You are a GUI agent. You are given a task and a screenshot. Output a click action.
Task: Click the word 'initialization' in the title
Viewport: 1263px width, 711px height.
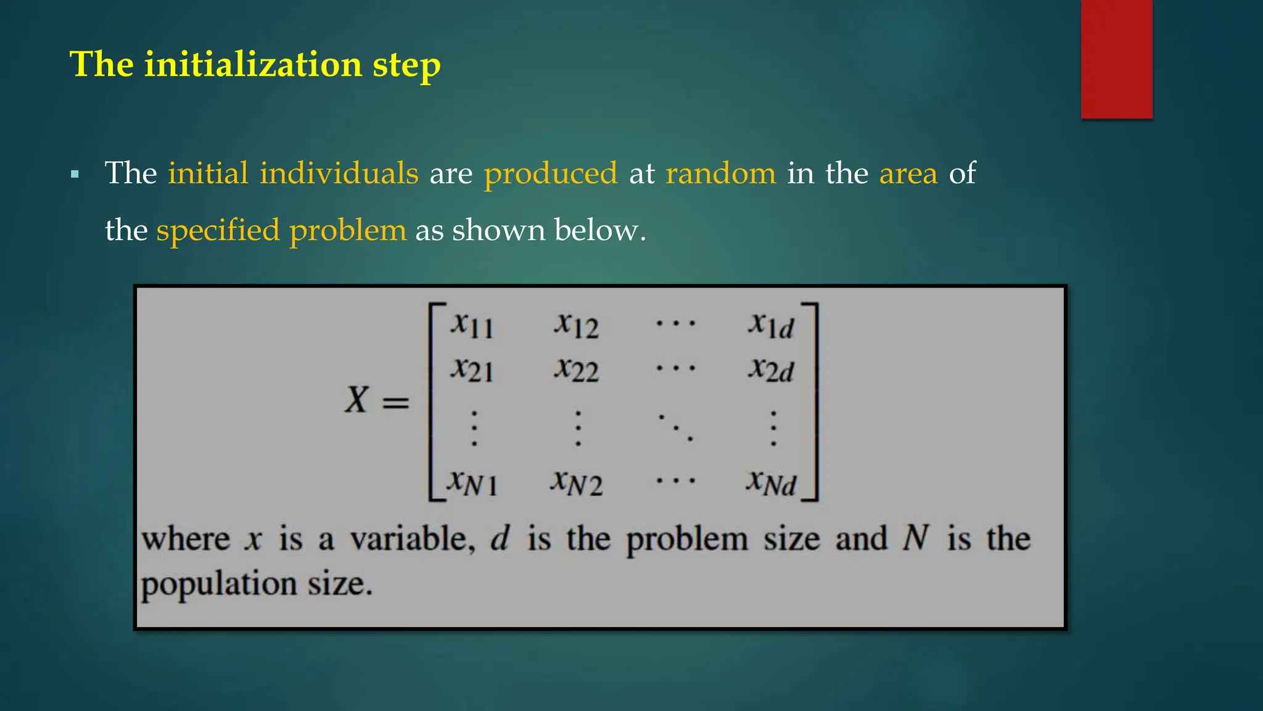253,64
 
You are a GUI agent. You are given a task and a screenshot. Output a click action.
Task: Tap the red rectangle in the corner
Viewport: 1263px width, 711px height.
1116,59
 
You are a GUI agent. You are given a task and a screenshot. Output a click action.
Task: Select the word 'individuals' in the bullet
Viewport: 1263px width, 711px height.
339,173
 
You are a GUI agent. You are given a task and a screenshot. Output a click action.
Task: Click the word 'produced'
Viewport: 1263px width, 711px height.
550,173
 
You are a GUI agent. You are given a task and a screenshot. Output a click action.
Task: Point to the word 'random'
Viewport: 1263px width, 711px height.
720,173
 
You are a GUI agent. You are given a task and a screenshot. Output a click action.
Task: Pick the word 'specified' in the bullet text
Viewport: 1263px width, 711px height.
218,230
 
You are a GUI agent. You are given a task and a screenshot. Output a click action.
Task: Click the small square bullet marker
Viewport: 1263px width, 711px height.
75,175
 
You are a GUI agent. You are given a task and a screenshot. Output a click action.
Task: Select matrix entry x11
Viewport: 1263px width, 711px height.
472,325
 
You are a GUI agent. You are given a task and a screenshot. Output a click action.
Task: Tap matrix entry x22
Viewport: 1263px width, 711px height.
576,370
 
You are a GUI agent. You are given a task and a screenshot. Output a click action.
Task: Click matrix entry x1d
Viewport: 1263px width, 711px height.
771,325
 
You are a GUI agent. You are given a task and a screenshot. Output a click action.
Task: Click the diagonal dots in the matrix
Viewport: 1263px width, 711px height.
675,426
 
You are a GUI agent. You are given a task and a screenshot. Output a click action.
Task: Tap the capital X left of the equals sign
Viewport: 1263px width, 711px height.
356,399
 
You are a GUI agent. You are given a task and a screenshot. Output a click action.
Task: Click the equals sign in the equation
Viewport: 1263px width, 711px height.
395,403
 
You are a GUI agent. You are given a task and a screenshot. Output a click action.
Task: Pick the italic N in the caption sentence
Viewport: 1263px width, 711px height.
915,538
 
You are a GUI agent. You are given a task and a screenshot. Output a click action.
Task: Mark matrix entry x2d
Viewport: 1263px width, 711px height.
771,370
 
